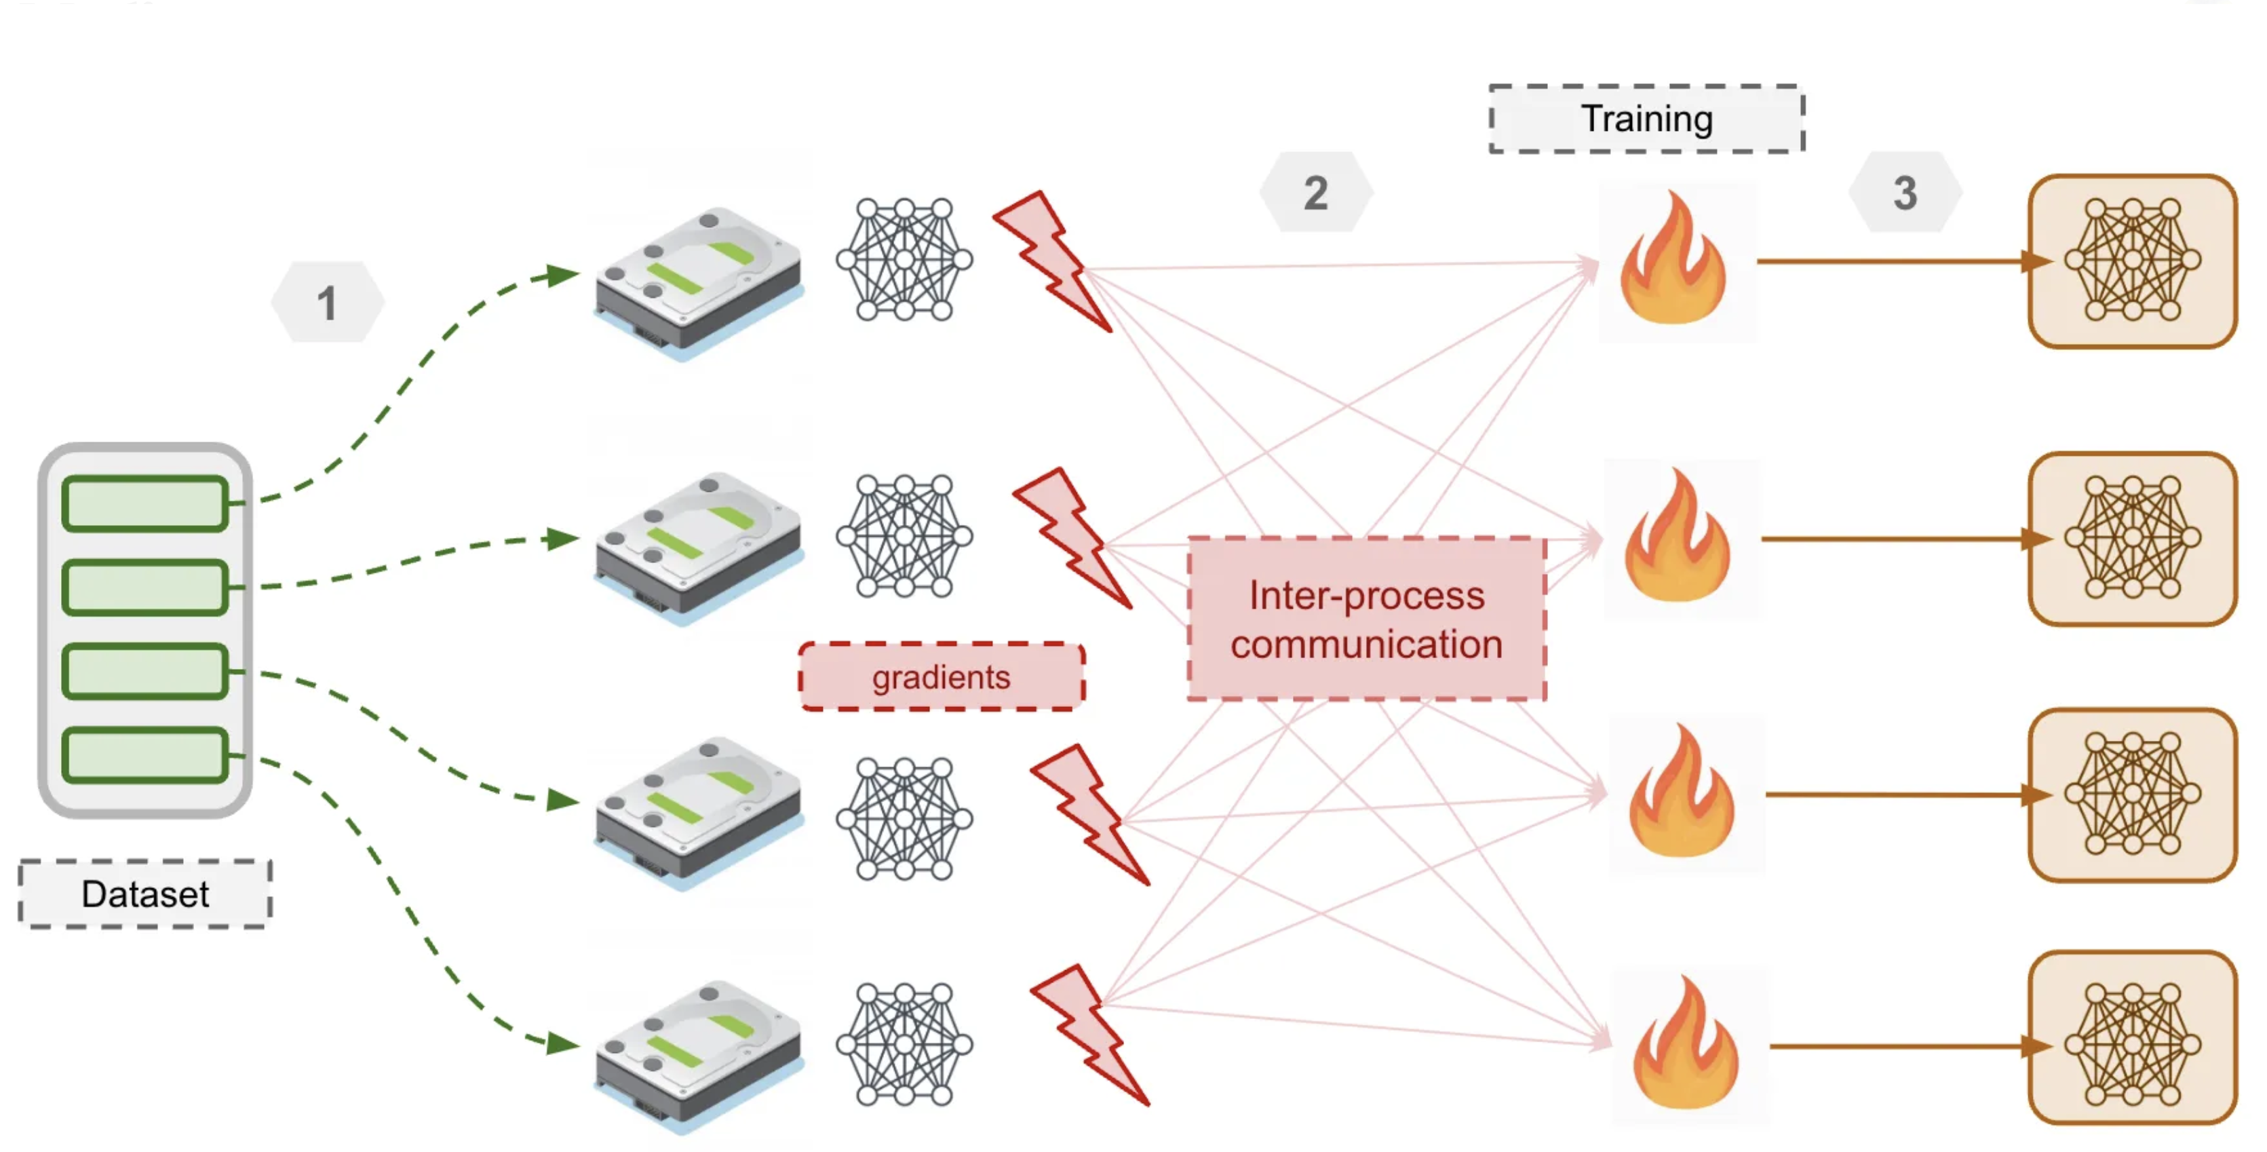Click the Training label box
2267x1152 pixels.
[x=1646, y=119]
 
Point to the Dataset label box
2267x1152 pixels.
[x=145, y=894]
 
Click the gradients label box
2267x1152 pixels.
[x=942, y=677]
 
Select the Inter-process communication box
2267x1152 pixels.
[x=1367, y=619]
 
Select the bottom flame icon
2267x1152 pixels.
[x=1685, y=1048]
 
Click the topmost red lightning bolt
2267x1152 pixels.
[x=1054, y=261]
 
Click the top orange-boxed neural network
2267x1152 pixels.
[x=2133, y=261]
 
